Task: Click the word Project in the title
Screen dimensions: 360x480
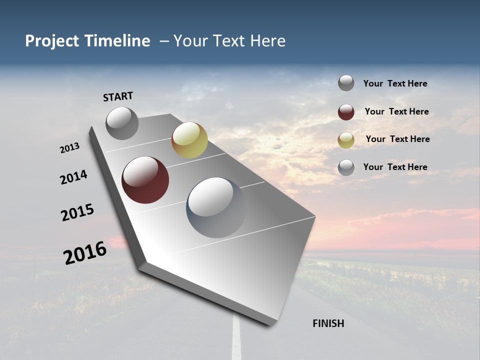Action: pos(52,41)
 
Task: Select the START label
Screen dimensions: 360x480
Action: pos(118,96)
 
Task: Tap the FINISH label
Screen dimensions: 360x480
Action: pos(328,323)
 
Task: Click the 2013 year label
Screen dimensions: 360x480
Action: pos(69,148)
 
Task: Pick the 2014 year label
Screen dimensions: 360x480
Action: pos(73,177)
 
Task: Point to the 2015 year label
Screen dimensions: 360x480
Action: pos(77,212)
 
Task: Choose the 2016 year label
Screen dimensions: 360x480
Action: pos(85,252)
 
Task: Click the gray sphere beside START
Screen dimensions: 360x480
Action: pos(122,123)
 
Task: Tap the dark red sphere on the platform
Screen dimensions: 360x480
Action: pos(145,180)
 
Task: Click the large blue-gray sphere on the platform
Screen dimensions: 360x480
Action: pos(216,207)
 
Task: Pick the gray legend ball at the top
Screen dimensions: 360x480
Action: pos(346,83)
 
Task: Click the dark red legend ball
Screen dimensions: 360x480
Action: pos(346,112)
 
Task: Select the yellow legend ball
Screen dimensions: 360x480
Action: pos(346,140)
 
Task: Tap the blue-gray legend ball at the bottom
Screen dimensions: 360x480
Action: pos(346,167)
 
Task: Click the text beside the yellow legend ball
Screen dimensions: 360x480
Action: pos(397,139)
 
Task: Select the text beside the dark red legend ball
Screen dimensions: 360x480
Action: pos(396,111)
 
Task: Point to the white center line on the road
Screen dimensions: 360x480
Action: pos(236,340)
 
